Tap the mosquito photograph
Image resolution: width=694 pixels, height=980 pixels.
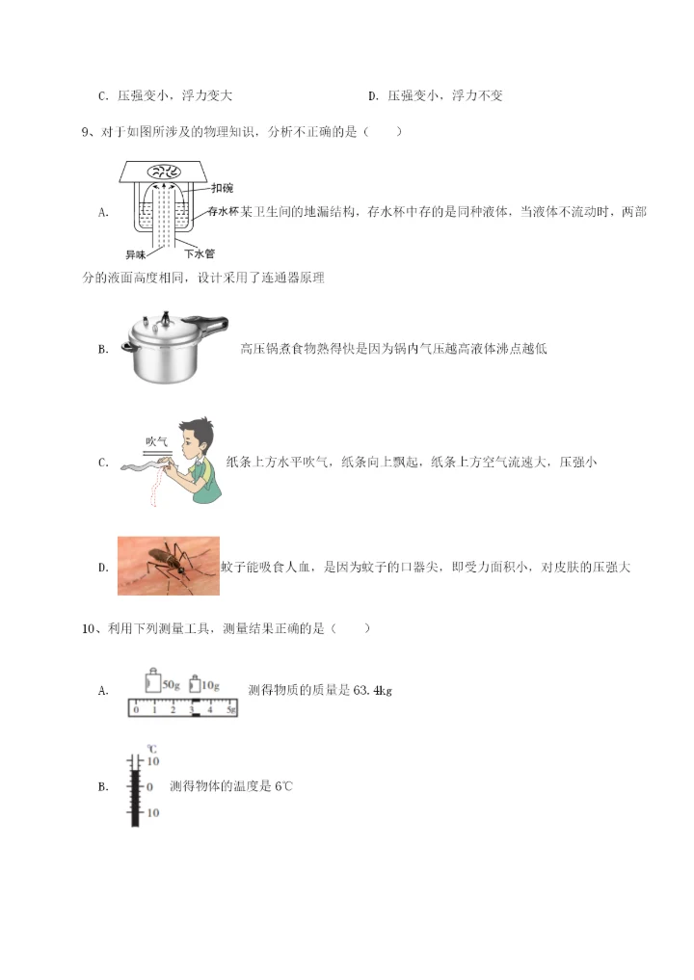point(168,566)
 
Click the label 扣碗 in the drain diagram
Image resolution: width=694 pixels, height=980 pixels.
point(221,188)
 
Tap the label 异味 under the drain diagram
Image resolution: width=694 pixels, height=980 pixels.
point(137,254)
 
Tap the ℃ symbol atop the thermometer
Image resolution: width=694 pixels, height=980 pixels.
point(150,748)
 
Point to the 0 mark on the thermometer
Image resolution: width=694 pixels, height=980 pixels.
point(149,786)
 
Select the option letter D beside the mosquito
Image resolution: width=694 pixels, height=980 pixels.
point(102,568)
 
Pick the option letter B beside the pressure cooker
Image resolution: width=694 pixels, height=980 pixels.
point(102,349)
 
